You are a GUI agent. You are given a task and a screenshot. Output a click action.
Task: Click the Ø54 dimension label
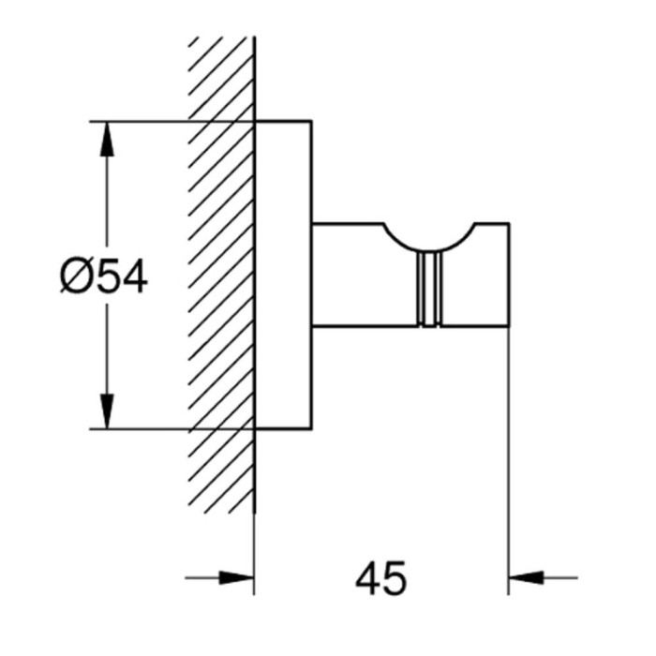[x=103, y=276]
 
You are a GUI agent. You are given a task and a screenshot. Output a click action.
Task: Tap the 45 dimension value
[x=380, y=578]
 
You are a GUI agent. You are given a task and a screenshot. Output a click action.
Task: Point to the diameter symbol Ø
[x=75, y=276]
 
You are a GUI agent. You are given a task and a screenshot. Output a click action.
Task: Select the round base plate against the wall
[x=283, y=275]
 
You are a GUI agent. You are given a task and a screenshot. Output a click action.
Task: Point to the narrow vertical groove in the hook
[x=430, y=291]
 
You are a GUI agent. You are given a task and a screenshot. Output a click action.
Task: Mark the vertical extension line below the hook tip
[x=509, y=450]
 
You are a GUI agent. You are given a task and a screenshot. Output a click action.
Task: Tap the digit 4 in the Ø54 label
[x=132, y=276]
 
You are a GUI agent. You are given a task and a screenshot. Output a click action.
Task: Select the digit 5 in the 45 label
[x=395, y=578]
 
